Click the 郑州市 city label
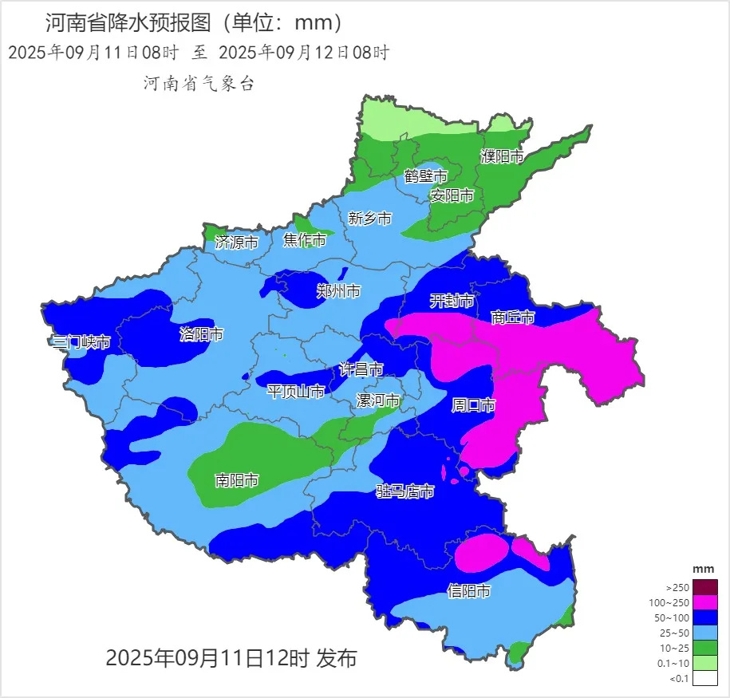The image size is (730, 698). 338,291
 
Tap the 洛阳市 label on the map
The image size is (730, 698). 201,334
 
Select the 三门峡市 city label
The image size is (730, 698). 81,342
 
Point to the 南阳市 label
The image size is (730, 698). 237,480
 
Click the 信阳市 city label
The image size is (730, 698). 468,591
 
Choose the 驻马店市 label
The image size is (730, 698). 405,491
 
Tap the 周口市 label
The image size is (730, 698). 474,405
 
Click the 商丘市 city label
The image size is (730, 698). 512,317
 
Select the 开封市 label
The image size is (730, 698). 452,301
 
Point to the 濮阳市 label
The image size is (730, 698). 503,156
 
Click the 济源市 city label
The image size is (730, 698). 237,242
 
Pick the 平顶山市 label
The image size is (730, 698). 295,392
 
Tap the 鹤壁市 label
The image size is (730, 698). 426,176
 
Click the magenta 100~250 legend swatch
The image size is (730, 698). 705,602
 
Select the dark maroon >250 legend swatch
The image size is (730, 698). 705,587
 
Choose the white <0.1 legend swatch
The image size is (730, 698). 705,679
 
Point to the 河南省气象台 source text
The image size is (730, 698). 199,83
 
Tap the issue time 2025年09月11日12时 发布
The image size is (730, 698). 231,658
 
